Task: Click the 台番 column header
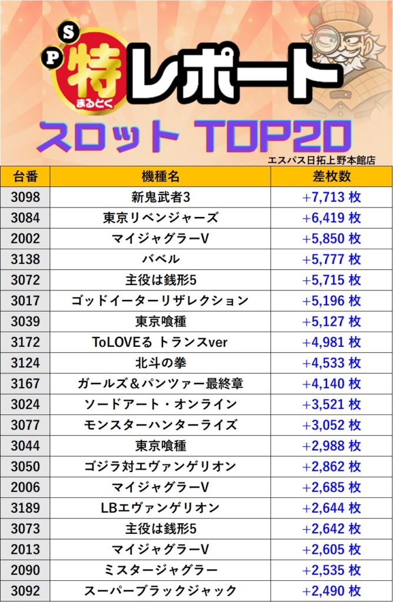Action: click(x=25, y=176)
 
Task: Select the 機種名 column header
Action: click(x=160, y=176)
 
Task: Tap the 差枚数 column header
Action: click(x=331, y=176)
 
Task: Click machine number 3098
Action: click(x=25, y=197)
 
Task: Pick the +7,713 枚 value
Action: click(x=331, y=197)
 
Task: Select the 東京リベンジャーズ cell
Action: click(x=160, y=218)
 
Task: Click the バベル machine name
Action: click(x=160, y=259)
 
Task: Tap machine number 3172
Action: click(x=25, y=342)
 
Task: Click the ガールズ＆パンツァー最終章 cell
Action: click(x=160, y=384)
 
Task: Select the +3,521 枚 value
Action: click(x=331, y=404)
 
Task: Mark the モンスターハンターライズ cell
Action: click(x=160, y=425)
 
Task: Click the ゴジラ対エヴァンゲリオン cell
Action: click(x=160, y=467)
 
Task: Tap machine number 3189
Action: click(x=25, y=508)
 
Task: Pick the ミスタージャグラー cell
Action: click(x=160, y=570)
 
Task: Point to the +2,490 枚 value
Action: click(x=331, y=591)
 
